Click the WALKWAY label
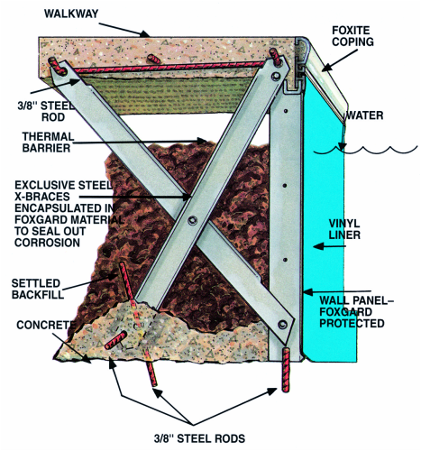point(71,14)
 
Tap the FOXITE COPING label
point(352,36)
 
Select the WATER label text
point(364,115)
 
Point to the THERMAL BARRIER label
point(48,143)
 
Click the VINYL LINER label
point(344,229)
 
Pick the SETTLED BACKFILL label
point(38,289)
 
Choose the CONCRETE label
point(46,325)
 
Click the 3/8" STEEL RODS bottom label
point(199,438)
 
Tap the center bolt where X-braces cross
point(192,220)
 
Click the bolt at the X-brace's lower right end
point(282,324)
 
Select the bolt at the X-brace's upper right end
point(275,76)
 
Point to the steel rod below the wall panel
point(286,370)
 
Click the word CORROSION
point(48,243)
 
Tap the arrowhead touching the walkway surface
point(144,33)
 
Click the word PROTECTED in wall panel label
point(352,323)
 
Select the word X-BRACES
point(42,197)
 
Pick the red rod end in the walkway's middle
point(153,59)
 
